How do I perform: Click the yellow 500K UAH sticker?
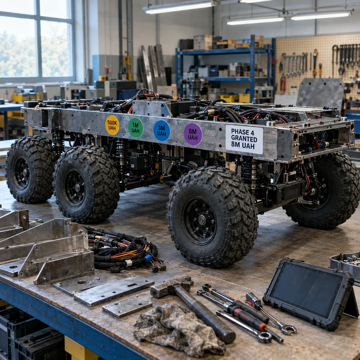point(112,125)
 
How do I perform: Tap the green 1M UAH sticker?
point(135,128)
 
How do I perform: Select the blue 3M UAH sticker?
point(162,131)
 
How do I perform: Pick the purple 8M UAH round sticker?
point(193,134)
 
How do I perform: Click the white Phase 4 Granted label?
point(244,139)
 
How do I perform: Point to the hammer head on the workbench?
point(171,287)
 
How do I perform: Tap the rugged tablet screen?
point(307,290)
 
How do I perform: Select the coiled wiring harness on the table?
point(124,250)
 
